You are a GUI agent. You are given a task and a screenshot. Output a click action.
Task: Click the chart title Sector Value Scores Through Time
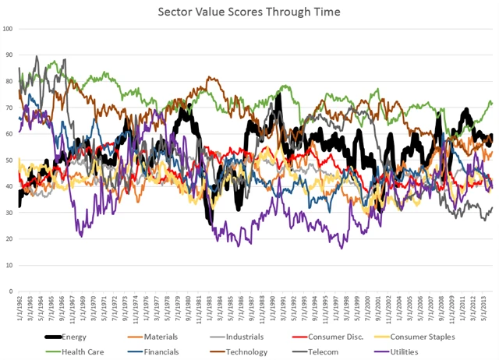pyautogui.click(x=249, y=11)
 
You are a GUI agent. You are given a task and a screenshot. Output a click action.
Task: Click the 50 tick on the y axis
pyautogui.click(x=9, y=161)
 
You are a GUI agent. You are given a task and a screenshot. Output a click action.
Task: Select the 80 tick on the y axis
pyautogui.click(x=9, y=82)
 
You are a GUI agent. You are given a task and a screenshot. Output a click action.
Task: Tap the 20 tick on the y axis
pyautogui.click(x=9, y=239)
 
